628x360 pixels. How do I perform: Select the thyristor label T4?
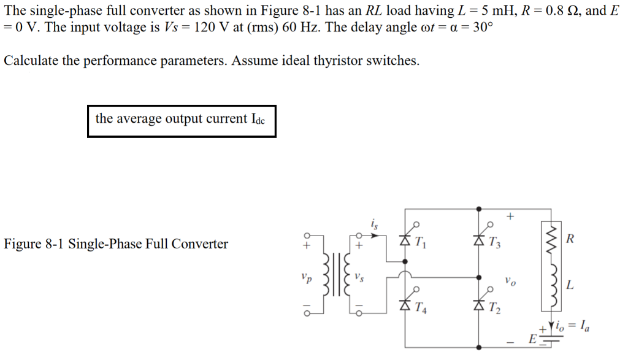pyautogui.click(x=421, y=308)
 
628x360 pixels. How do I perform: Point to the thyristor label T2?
pyautogui.click(x=494, y=308)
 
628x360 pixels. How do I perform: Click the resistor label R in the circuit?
pyautogui.click(x=570, y=239)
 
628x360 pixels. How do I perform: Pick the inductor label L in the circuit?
pyautogui.click(x=570, y=285)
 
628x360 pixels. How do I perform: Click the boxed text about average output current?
pyautogui.click(x=181, y=119)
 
